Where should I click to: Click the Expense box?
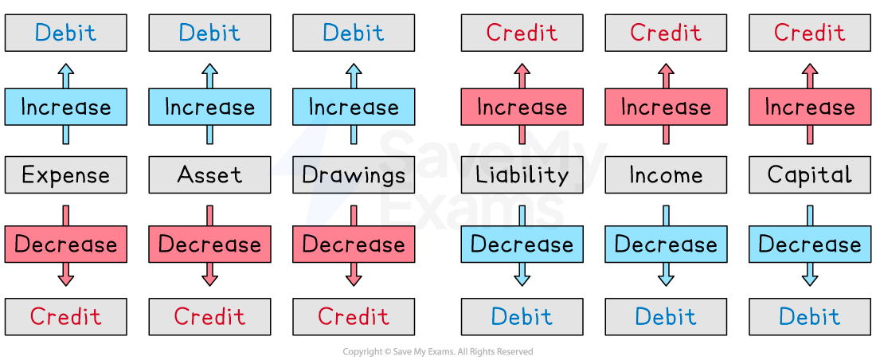(65, 174)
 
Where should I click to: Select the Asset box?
(209, 174)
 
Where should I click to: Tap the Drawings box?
(354, 174)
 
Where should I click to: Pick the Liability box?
(522, 174)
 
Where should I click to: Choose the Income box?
(666, 174)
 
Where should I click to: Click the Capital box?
(810, 174)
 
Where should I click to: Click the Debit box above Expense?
(65, 33)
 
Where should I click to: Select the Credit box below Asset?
(209, 316)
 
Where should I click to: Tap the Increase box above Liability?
(522, 107)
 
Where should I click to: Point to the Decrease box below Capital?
(810, 244)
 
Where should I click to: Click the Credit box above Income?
(666, 33)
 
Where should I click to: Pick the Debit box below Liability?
(522, 316)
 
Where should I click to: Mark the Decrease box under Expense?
(65, 244)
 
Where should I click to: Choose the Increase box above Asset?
(209, 107)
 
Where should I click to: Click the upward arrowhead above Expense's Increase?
(65, 70)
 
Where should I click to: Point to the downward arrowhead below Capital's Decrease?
(810, 279)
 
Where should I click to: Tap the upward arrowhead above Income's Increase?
(666, 70)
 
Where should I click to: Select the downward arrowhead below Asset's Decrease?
(209, 279)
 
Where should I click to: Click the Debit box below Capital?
(810, 316)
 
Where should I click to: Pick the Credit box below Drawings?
(354, 316)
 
